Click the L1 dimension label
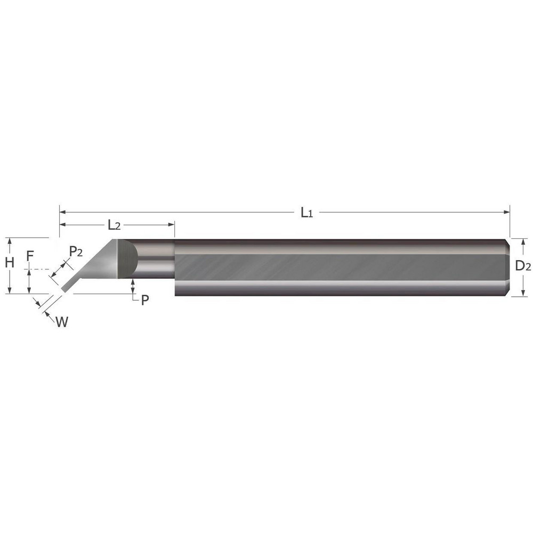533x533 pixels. click(x=306, y=213)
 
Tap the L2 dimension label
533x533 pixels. click(x=114, y=225)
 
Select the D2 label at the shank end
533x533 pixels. click(x=523, y=266)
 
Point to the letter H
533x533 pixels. click(x=9, y=262)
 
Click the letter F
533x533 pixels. click(x=30, y=257)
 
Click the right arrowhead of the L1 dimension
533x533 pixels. click(x=507, y=212)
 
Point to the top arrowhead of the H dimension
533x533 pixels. click(x=9, y=241)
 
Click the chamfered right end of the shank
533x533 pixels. click(x=508, y=267)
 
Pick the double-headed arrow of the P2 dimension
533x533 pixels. click(x=60, y=270)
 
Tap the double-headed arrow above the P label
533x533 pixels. click(x=132, y=286)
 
